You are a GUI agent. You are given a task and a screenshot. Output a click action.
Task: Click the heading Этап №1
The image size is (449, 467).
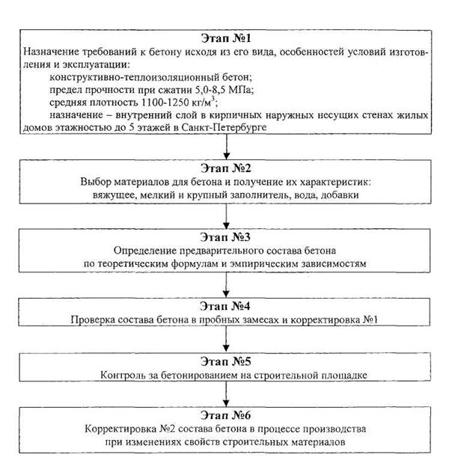[224, 37]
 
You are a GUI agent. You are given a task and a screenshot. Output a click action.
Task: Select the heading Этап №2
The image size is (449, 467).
[224, 168]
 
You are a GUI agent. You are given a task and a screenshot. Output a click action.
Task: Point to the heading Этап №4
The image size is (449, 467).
[224, 307]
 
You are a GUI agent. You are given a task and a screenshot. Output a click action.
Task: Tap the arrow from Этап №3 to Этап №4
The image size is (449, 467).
[225, 286]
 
